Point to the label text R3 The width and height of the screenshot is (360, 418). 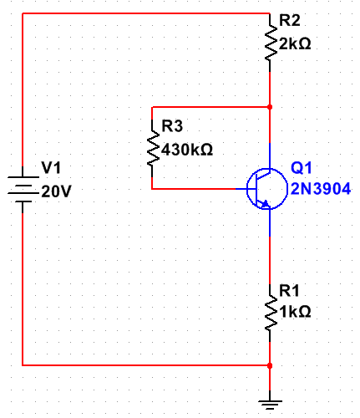tap(171, 127)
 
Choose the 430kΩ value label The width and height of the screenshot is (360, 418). tap(187, 150)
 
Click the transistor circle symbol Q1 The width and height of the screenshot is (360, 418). tap(265, 189)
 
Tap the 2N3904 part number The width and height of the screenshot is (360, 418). tap(321, 190)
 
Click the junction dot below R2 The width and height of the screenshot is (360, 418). tap(270, 107)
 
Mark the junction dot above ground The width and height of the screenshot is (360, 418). tap(270, 365)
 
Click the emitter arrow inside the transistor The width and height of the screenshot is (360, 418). tap(265, 202)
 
